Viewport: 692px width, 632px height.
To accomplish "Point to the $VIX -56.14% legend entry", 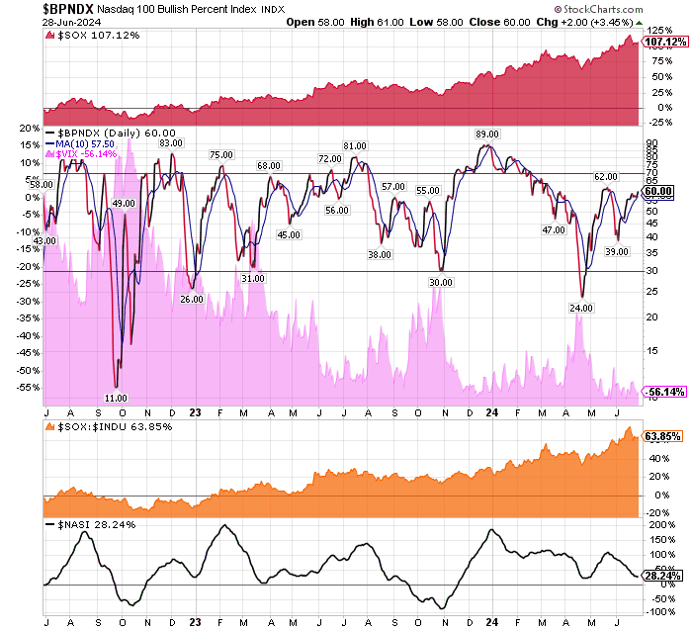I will coord(89,154).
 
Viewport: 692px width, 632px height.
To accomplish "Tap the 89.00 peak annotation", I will coord(486,134).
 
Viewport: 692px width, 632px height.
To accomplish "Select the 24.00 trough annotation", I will coord(580,309).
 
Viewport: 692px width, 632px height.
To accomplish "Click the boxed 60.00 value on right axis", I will coord(658,192).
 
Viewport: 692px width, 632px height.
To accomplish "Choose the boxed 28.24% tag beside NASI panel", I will coord(660,574).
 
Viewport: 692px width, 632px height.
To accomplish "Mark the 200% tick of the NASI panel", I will coord(657,526).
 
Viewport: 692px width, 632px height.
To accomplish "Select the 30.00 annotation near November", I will coord(441,282).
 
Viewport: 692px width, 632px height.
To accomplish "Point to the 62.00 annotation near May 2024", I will coord(605,176).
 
